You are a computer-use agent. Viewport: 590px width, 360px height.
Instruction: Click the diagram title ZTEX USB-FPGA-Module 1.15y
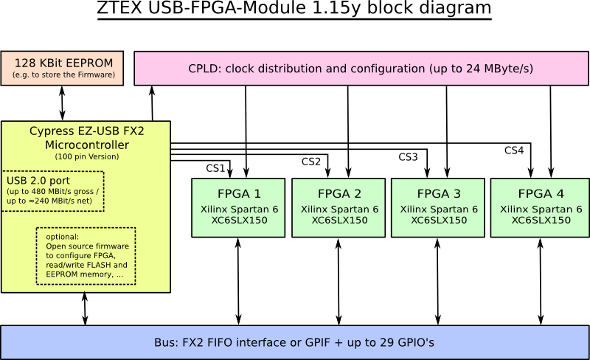coord(294,10)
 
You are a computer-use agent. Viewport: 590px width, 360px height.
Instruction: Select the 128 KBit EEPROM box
coord(63,69)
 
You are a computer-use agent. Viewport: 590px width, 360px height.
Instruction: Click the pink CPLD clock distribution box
coord(361,69)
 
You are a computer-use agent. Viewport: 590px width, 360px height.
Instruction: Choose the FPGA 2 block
coord(339,207)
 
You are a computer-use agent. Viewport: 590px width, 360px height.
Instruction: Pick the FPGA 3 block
coord(439,207)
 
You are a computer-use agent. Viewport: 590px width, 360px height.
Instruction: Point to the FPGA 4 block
coord(540,207)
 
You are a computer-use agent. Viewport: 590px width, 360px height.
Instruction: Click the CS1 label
coord(215,168)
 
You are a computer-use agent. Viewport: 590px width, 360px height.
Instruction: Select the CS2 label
coord(311,162)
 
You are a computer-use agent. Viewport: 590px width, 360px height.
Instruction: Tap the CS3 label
coord(408,157)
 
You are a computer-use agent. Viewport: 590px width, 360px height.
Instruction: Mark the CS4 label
coord(514,150)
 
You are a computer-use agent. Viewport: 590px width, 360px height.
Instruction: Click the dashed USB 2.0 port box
coord(53,191)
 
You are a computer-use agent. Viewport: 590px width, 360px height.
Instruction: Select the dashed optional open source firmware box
coord(86,256)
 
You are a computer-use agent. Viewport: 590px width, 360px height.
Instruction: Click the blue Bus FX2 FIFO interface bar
coord(294,342)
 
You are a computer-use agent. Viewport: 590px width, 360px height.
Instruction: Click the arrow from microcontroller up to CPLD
coord(153,103)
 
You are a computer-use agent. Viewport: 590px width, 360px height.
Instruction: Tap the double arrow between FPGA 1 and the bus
coord(238,281)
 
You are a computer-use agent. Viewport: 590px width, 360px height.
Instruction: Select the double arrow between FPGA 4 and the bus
coord(540,281)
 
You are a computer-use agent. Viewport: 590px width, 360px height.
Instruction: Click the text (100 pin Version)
coord(87,156)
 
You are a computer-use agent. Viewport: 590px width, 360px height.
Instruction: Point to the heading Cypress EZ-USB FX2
coord(87,131)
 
